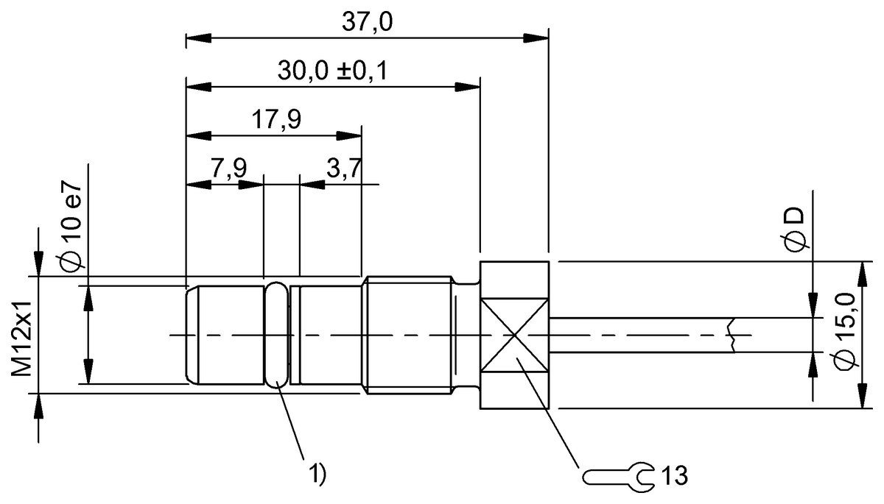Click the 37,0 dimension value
point(367,21)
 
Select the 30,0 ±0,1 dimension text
point(333,71)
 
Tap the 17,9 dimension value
point(276,119)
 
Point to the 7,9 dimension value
point(228,168)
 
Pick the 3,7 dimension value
point(344,168)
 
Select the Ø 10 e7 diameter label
point(71,228)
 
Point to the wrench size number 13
point(674,475)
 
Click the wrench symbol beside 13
point(618,477)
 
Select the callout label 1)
point(318,473)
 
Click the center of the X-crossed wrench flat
point(514,336)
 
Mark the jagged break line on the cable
point(732,335)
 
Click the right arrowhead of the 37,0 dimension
point(537,38)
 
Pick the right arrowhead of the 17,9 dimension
point(349,136)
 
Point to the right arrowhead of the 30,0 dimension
point(468,87)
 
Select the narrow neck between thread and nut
point(466,336)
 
